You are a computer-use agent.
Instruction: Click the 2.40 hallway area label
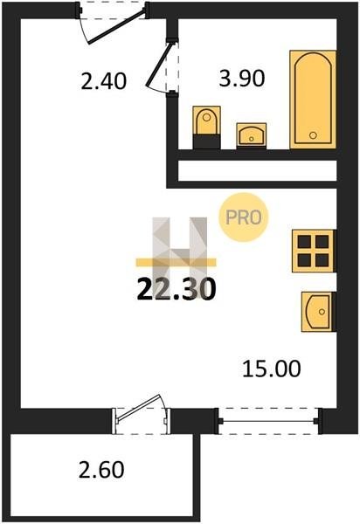(x=104, y=81)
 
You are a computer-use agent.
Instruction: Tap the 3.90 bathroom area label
(x=242, y=79)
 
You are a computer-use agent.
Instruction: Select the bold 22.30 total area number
(x=177, y=289)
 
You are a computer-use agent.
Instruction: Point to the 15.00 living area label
(x=272, y=369)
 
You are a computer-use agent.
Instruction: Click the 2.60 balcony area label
(x=101, y=470)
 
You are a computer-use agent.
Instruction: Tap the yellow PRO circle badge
(x=244, y=217)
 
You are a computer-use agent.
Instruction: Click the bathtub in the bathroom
(x=313, y=100)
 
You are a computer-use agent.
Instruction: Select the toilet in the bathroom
(x=206, y=128)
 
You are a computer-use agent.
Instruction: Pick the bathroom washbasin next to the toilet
(x=252, y=135)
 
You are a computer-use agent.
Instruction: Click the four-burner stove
(x=313, y=251)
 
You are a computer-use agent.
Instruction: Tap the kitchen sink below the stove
(x=318, y=312)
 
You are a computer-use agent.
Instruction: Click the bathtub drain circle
(x=313, y=135)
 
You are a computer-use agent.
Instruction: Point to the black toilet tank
(x=206, y=141)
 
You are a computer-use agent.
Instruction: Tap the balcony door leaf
(x=140, y=408)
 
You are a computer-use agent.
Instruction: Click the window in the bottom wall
(x=268, y=421)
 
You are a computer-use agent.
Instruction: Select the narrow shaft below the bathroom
(x=258, y=171)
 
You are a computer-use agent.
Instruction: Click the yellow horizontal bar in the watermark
(x=176, y=263)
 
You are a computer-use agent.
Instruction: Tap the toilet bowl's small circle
(x=206, y=117)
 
